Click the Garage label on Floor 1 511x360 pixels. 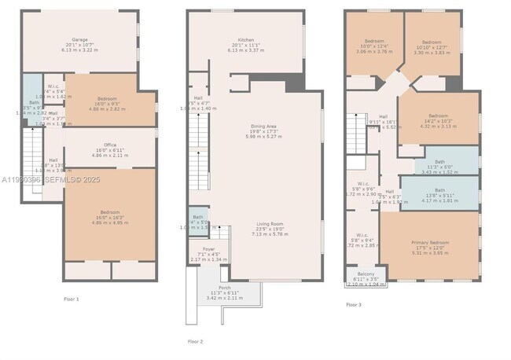click(x=79, y=39)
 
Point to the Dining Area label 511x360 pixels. click(x=263, y=127)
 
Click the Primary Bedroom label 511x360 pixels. click(x=429, y=243)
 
